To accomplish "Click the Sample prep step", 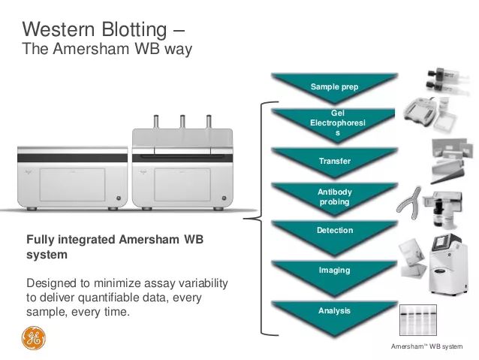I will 334,86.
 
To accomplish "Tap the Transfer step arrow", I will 334,160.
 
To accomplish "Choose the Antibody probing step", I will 334,196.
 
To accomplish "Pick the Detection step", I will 334,230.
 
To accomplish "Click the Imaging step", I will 334,270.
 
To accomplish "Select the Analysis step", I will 334,310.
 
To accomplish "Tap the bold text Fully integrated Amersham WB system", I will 115,247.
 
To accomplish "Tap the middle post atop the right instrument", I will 181,122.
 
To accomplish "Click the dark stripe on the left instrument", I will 72,158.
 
